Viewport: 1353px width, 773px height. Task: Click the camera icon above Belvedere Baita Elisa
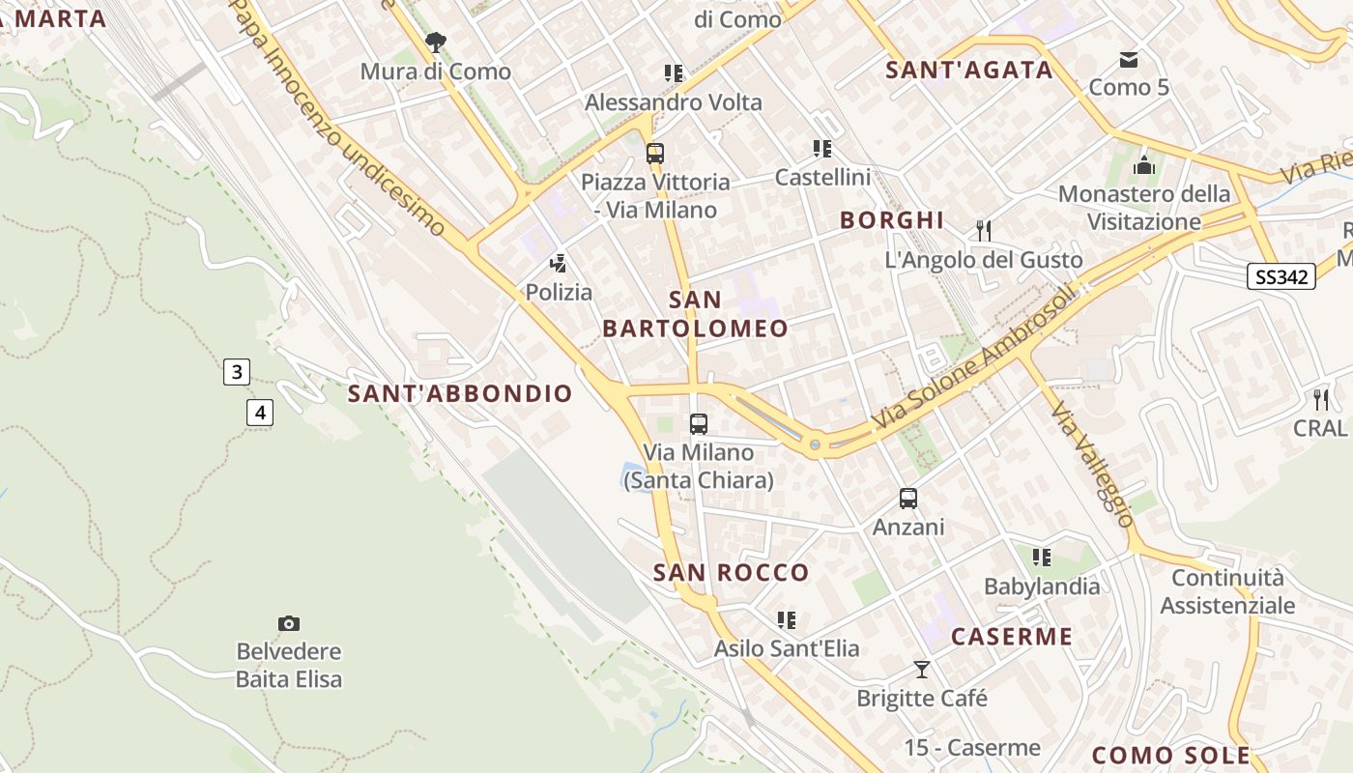tap(288, 623)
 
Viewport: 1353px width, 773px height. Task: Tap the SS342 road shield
tap(1281, 277)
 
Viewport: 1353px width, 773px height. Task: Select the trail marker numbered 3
tap(237, 372)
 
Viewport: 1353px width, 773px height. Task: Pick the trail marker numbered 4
tap(259, 413)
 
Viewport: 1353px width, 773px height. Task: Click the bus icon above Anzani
tap(908, 499)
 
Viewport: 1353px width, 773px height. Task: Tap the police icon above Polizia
tap(558, 263)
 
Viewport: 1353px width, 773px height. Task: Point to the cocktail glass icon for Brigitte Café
tap(922, 669)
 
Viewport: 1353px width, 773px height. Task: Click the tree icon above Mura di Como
tap(436, 43)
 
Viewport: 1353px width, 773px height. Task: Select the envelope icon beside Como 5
tap(1128, 60)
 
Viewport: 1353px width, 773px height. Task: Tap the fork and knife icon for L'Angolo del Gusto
tap(984, 231)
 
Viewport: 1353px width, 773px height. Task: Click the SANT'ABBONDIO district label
tap(460, 393)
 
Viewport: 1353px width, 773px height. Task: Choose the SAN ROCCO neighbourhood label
tap(732, 572)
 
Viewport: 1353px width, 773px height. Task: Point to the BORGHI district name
tap(891, 219)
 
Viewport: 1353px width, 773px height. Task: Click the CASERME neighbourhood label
tap(1012, 636)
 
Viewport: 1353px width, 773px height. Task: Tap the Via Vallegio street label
tap(1093, 465)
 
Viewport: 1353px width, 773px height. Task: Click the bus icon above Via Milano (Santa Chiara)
tap(699, 423)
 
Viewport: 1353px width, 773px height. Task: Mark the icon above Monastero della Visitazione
tap(1144, 165)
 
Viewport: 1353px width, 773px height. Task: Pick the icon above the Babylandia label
tap(1041, 558)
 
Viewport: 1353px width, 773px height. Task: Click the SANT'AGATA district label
tap(969, 70)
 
